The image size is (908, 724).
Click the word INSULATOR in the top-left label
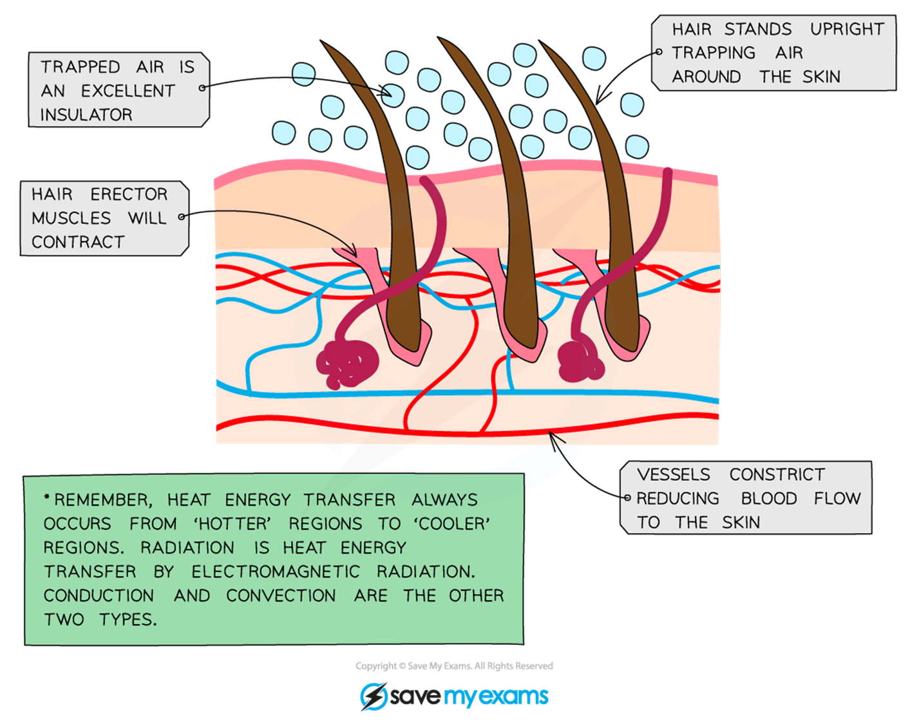(86, 115)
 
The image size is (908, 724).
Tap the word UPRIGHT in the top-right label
(847, 30)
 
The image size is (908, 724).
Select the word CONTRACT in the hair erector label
(78, 243)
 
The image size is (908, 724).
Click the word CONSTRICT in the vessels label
(777, 475)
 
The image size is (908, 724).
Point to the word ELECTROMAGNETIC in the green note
(276, 572)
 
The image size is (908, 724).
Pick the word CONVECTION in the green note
(281, 596)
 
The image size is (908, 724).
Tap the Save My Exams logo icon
(373, 696)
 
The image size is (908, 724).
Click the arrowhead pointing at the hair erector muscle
(353, 252)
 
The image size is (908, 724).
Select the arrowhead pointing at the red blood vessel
(553, 436)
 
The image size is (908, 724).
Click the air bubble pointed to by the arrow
(392, 95)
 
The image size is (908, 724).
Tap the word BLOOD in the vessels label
(769, 499)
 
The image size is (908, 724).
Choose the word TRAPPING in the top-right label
(714, 53)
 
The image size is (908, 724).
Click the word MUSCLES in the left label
(71, 219)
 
